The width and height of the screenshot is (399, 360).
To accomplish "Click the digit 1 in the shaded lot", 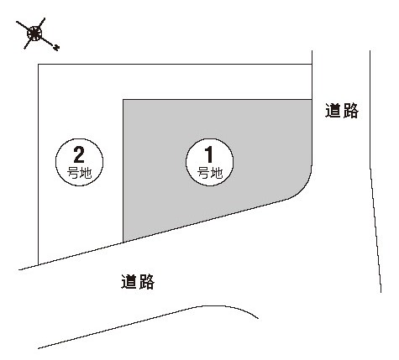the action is [209, 154].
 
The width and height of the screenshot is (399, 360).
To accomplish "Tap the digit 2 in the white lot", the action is [79, 154].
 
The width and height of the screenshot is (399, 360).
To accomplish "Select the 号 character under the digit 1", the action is [203, 173].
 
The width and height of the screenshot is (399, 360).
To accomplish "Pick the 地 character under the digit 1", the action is [217, 173].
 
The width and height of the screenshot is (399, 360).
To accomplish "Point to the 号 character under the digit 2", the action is [73, 173].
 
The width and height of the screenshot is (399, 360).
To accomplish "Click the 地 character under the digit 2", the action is [86, 173].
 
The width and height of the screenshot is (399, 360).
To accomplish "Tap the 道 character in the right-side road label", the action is [333, 111].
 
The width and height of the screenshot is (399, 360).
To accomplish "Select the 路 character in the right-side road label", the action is [350, 111].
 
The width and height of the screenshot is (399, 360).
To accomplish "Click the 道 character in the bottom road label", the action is [129, 281].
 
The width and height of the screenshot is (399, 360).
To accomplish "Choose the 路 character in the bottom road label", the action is [146, 281].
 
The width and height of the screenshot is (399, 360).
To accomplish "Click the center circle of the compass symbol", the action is [34, 34].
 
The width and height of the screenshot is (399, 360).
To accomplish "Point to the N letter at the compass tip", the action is [56, 48].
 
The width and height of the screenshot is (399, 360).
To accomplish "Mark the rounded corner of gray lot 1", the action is [303, 190].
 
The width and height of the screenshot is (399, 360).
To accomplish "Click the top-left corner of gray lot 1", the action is [123, 99].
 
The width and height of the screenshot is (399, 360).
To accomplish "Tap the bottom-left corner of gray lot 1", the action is [123, 243].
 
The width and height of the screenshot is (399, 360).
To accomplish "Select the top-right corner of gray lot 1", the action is [312, 99].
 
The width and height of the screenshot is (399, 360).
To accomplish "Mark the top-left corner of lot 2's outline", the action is [38, 65].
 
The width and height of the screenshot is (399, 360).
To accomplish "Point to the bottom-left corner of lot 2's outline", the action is [38, 264].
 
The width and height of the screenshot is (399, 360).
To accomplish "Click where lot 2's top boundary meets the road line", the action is [312, 64].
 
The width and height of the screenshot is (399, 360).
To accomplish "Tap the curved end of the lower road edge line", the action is [258, 318].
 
